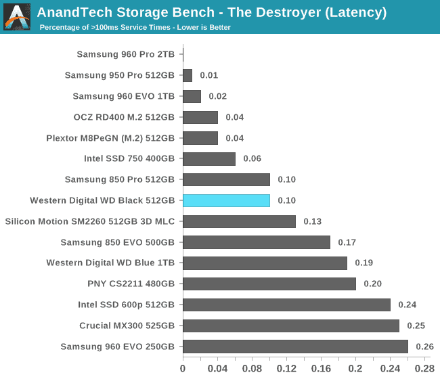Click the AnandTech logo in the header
click(17, 17)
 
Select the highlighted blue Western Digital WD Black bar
click(226, 200)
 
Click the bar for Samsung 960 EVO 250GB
click(295, 347)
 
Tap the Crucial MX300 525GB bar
click(291, 326)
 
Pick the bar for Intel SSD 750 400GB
click(209, 158)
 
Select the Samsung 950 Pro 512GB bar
click(188, 75)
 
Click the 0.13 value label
click(312, 221)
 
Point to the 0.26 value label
click(424, 347)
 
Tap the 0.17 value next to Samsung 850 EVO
click(347, 242)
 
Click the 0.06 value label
click(252, 158)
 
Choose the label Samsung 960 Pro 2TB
click(125, 54)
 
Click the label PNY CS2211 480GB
click(131, 284)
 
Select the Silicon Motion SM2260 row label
click(89, 221)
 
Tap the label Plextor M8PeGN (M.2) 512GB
click(110, 138)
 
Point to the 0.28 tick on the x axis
click(424, 368)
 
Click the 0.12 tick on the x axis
click(286, 368)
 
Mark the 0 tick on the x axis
click(183, 368)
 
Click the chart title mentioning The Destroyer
click(212, 12)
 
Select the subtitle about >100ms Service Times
click(135, 28)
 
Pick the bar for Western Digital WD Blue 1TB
click(265, 263)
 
